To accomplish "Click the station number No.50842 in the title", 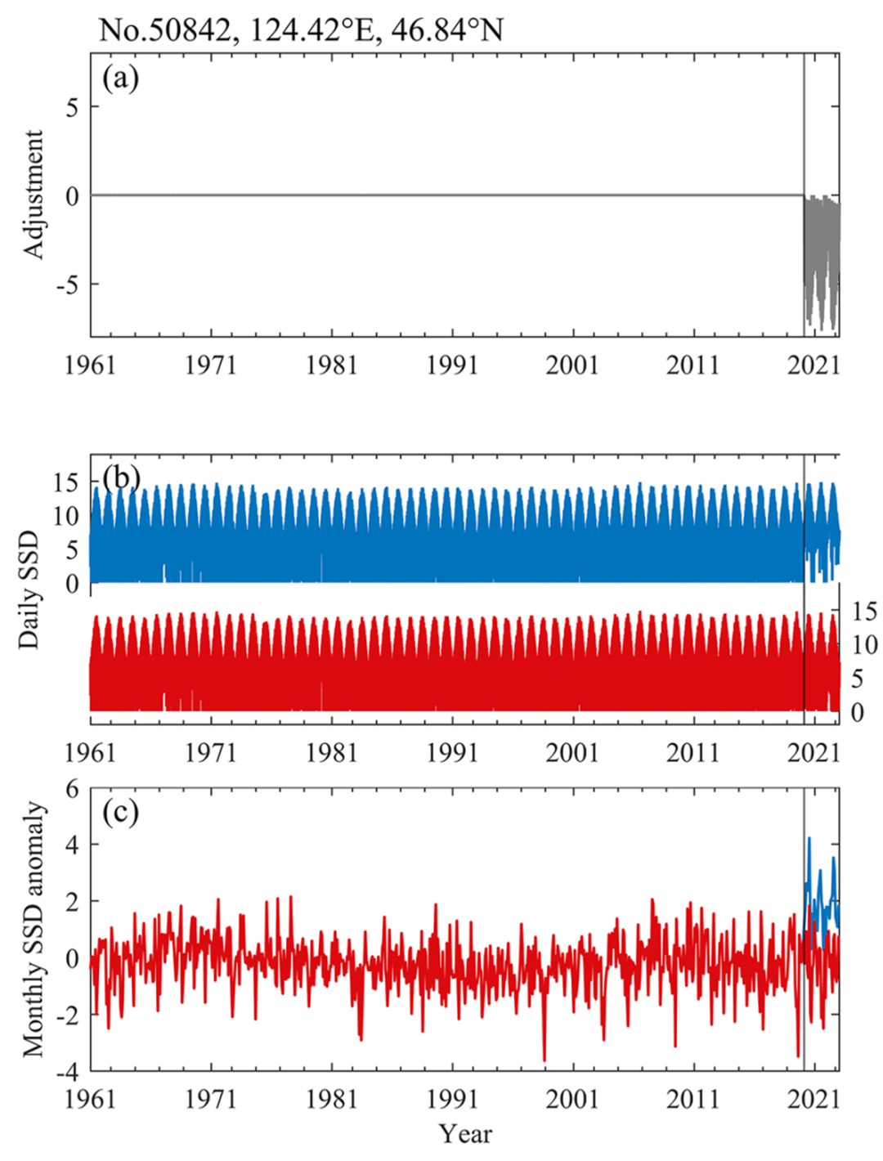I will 164,30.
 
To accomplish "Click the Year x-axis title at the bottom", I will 465,1134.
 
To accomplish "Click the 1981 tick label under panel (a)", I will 331,365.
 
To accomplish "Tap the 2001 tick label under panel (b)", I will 572,752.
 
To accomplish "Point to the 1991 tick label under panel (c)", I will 452,1099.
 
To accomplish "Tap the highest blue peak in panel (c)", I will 809,838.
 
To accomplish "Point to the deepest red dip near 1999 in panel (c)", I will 545,1060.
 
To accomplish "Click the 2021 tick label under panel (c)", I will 814,1099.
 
